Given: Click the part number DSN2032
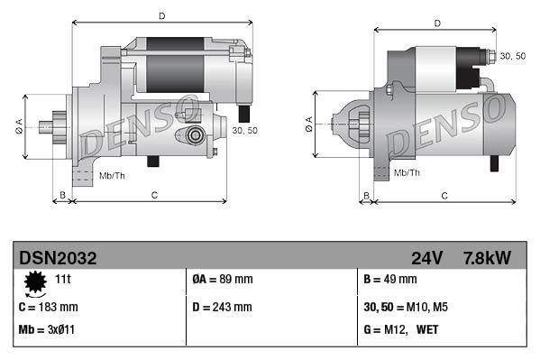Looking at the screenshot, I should pos(58,258).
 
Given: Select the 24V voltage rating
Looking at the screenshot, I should pos(426,258).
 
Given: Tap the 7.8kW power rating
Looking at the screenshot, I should pos(486,258).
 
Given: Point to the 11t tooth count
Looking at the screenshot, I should pos(63,280).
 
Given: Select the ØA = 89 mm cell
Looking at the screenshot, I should pos(223,280).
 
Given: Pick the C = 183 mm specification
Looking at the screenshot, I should pos(48,307).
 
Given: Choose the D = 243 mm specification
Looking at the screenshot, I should pos(223,307).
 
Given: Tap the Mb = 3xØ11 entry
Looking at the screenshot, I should pos(46,329).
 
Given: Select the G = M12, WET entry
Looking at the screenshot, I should pos(403,329).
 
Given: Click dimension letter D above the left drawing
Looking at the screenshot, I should pos(161,15).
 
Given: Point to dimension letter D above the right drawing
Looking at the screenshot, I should pos(437,23).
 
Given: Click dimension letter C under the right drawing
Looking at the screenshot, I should pos(445,195).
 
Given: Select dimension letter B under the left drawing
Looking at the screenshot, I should pos(62,195).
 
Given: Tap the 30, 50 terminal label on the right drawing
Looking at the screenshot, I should pos(512,56).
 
